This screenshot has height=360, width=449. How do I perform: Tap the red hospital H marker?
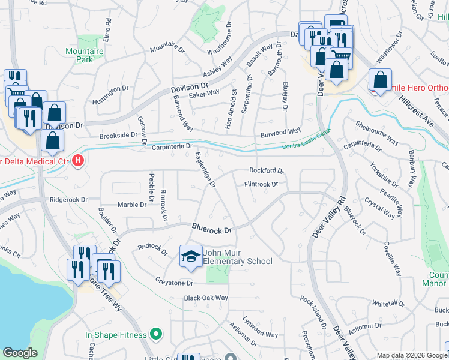pyautogui.click(x=77, y=161)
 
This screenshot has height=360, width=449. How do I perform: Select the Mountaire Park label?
pyautogui.click(x=84, y=55)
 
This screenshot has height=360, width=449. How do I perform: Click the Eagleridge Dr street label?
pyautogui.click(x=205, y=170)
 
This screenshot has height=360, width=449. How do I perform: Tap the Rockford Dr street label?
pyautogui.click(x=266, y=170)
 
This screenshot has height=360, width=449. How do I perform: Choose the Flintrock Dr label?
pyautogui.click(x=261, y=184)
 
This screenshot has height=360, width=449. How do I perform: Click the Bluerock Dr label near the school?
pyautogui.click(x=212, y=229)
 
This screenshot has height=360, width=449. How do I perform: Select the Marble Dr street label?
pyautogui.click(x=131, y=205)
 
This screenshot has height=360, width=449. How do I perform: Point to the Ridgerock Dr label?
pyautogui.click(x=69, y=199)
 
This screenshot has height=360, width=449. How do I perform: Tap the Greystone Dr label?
pyautogui.click(x=174, y=282)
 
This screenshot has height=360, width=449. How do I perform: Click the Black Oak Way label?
pyautogui.click(x=206, y=298)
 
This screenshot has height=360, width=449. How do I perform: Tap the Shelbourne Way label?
pyautogui.click(x=376, y=133)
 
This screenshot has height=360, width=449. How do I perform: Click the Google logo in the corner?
pyautogui.click(x=20, y=353)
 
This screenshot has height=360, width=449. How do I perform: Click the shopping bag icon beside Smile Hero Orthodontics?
pyautogui.click(x=381, y=80)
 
